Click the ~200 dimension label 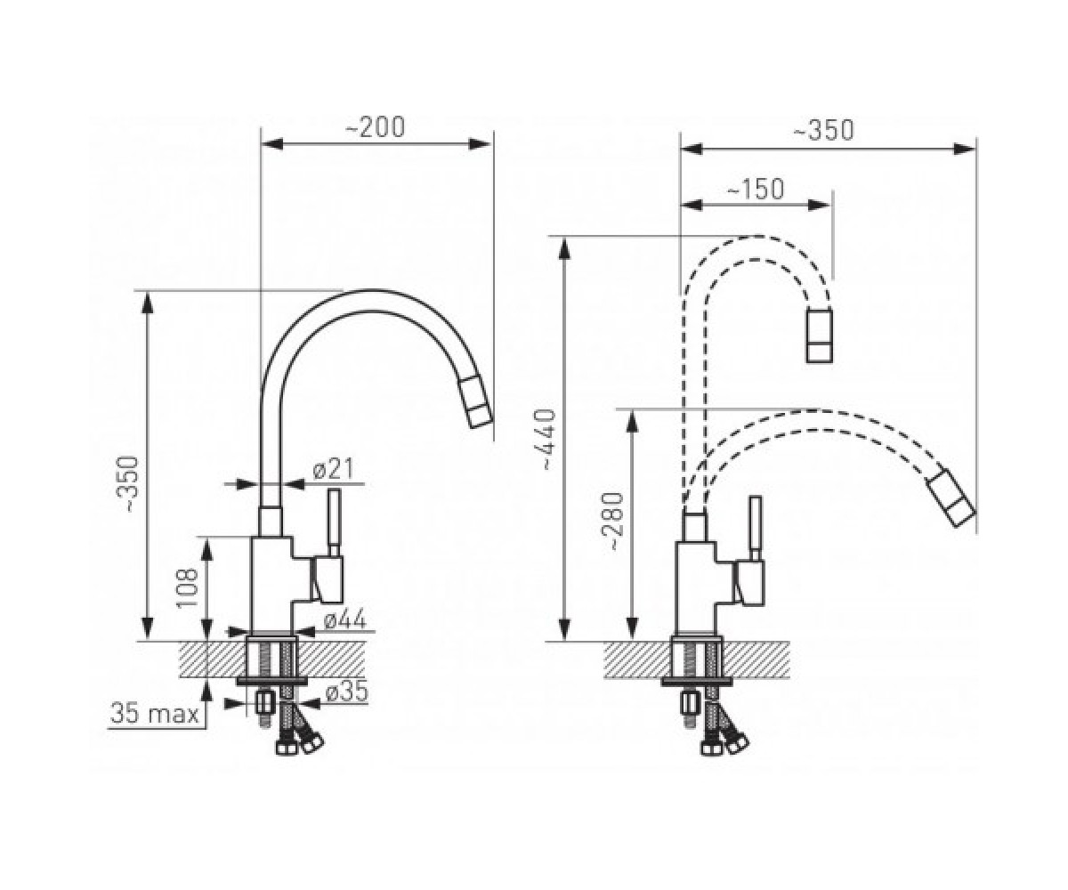coord(375,127)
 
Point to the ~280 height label coord(613,522)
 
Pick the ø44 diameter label coord(345,620)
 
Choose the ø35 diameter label coord(347,692)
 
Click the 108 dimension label coord(188,587)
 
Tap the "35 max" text coord(155,714)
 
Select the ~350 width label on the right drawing coord(823,130)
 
